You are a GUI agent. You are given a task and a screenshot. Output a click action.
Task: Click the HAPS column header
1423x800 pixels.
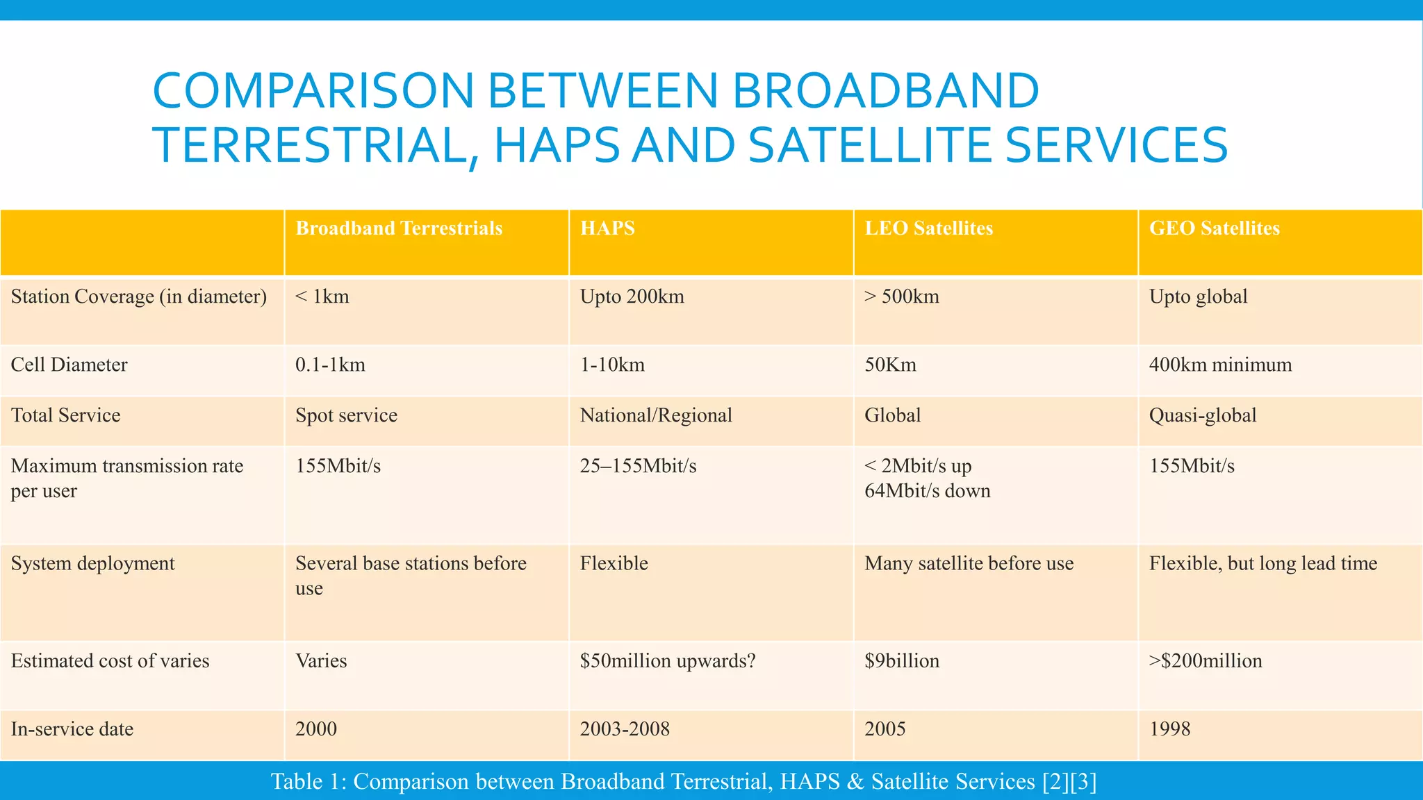pyautogui.click(x=607, y=228)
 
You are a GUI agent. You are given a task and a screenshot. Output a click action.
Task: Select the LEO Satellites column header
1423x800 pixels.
pyautogui.click(x=928, y=228)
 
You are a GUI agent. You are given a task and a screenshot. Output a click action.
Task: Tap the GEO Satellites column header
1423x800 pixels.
pyautogui.click(x=1214, y=228)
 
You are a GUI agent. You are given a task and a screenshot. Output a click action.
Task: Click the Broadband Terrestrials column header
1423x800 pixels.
pyautogui.click(x=399, y=228)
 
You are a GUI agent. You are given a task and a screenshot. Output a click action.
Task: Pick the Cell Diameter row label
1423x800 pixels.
pyautogui.click(x=69, y=365)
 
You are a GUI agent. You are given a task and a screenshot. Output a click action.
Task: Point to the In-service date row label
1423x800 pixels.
pyautogui.click(x=72, y=729)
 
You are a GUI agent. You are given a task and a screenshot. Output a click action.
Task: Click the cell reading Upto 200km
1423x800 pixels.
pyautogui.click(x=632, y=297)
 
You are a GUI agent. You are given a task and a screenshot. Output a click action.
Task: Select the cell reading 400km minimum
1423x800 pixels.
pyautogui.click(x=1220, y=365)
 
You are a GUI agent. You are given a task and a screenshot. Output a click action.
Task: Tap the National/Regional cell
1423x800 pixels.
pyautogui.click(x=656, y=415)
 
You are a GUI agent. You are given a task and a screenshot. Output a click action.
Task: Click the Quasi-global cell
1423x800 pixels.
pyautogui.click(x=1203, y=415)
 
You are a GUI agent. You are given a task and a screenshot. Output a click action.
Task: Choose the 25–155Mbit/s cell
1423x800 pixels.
pyautogui.click(x=638, y=466)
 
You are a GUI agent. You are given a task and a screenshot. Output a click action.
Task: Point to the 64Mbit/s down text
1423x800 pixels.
pyautogui.click(x=927, y=491)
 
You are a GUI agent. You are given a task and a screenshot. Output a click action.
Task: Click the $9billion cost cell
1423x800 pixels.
pyautogui.click(x=902, y=660)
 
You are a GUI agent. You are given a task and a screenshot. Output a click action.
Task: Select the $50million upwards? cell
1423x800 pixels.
pyautogui.click(x=667, y=660)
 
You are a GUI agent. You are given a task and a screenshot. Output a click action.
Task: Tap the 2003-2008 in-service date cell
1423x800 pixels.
pyautogui.click(x=625, y=729)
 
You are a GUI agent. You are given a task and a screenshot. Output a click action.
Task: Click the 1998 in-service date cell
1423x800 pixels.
pyautogui.click(x=1169, y=729)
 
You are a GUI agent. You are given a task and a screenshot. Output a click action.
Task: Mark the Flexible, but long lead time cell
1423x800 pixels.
pyautogui.click(x=1262, y=563)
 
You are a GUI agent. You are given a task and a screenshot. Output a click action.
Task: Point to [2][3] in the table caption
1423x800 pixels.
pyautogui.click(x=1069, y=782)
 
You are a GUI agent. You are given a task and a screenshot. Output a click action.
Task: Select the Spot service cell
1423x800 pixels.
pyautogui.click(x=346, y=415)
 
